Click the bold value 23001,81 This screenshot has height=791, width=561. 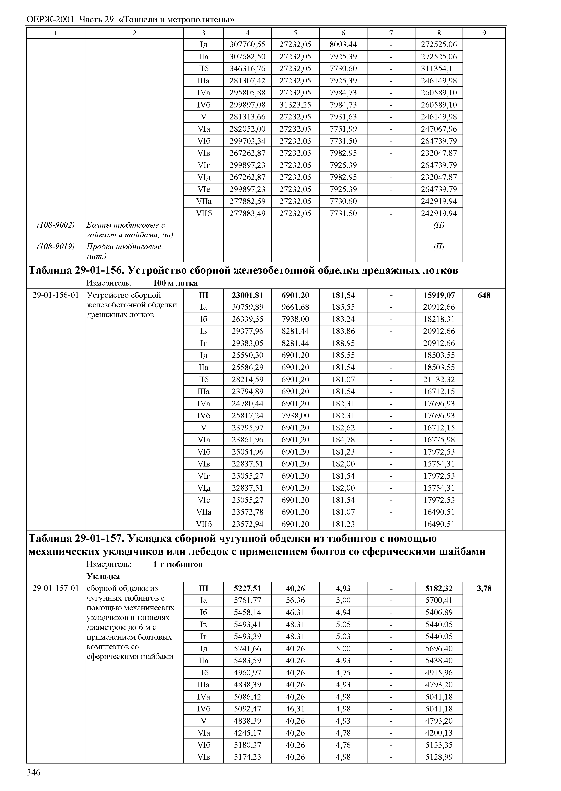247,295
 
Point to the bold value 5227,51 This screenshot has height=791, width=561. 247,588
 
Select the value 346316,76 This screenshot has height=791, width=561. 247,69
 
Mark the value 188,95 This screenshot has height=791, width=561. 343,343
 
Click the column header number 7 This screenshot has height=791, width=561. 391,33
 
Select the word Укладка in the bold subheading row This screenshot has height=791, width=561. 103,576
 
